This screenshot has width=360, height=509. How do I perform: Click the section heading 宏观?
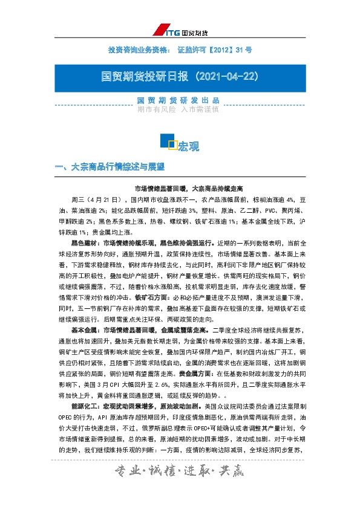click(188, 146)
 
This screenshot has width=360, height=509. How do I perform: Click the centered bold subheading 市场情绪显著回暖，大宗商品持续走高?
click(180, 189)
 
